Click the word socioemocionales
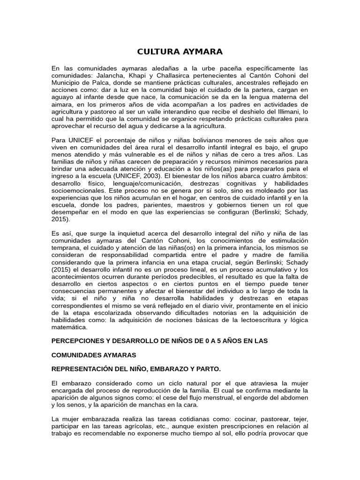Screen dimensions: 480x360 [78, 190]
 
